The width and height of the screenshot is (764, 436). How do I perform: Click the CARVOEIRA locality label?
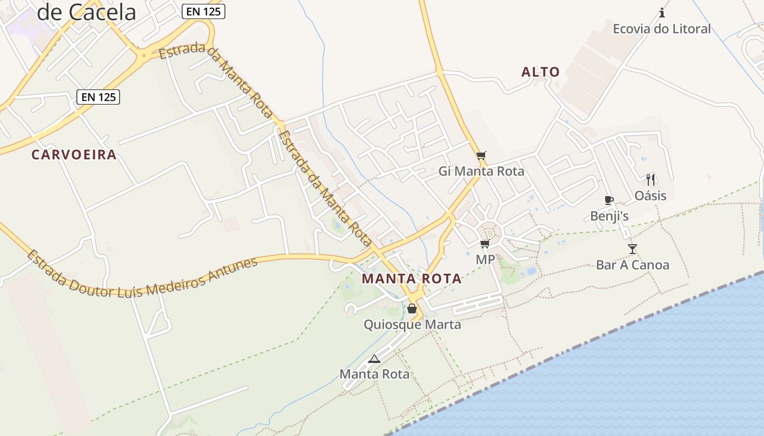pyautogui.click(x=74, y=155)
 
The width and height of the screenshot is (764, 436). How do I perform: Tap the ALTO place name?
pyautogui.click(x=540, y=72)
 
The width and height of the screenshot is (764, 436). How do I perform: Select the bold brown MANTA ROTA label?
pyautogui.click(x=411, y=279)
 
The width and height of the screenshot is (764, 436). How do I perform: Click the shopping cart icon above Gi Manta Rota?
pyautogui.click(x=481, y=156)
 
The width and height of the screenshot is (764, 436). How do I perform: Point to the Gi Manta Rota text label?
pyautogui.click(x=481, y=171)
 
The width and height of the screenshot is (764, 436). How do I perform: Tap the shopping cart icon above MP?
pyautogui.click(x=485, y=244)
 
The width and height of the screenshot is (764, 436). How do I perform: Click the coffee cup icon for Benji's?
pyautogui.click(x=609, y=201)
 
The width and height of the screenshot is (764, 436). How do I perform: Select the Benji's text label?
pyautogui.click(x=609, y=216)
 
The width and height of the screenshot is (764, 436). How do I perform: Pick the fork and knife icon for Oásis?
pyautogui.click(x=650, y=179)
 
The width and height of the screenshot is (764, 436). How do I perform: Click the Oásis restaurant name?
pyautogui.click(x=650, y=195)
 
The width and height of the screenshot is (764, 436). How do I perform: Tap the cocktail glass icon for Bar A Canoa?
pyautogui.click(x=632, y=249)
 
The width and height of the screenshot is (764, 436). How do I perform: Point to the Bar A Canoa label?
pyautogui.click(x=632, y=265)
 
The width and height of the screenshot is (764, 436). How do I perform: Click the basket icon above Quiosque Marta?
pyautogui.click(x=412, y=309)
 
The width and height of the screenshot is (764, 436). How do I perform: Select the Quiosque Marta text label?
pyautogui.click(x=412, y=325)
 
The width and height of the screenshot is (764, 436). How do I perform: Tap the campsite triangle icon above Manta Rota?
pyautogui.click(x=374, y=359)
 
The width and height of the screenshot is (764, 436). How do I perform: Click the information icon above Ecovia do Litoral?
pyautogui.click(x=662, y=13)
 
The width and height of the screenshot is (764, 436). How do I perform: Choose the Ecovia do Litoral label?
pyautogui.click(x=661, y=29)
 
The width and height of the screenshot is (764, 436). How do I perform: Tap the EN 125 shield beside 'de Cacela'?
pyautogui.click(x=204, y=11)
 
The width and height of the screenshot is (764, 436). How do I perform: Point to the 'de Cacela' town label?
pyautogui.click(x=86, y=12)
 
